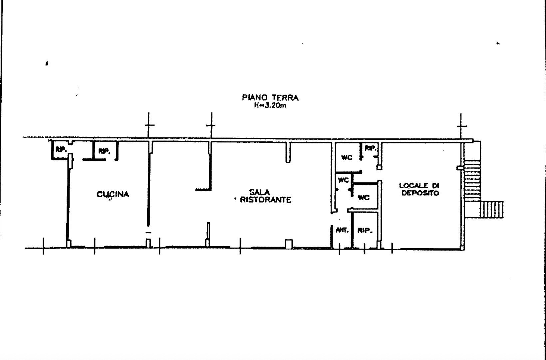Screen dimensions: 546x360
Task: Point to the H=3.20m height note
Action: click(270, 105)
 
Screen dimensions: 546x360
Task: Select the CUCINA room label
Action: click(113, 194)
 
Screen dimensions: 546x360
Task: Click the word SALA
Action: click(259, 192)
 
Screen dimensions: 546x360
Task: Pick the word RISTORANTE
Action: click(265, 200)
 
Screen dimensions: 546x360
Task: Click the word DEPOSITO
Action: click(420, 193)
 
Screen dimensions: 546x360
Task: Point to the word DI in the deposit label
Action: click(435, 186)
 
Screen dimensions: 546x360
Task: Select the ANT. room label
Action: click(342, 230)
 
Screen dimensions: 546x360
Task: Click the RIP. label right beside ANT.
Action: click(365, 231)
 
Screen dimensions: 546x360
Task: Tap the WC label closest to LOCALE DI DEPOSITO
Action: click(364, 198)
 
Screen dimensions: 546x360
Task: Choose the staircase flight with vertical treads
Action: click(492, 209)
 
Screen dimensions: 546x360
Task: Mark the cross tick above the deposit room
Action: click(461, 126)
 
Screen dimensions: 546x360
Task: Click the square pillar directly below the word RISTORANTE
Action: click(289, 244)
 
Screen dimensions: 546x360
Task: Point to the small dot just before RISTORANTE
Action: click(235, 199)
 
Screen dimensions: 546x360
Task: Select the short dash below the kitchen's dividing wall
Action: click(148, 232)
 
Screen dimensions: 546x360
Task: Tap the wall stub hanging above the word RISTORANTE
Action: click(288, 152)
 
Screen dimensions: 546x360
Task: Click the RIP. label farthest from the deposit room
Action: click(61, 149)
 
